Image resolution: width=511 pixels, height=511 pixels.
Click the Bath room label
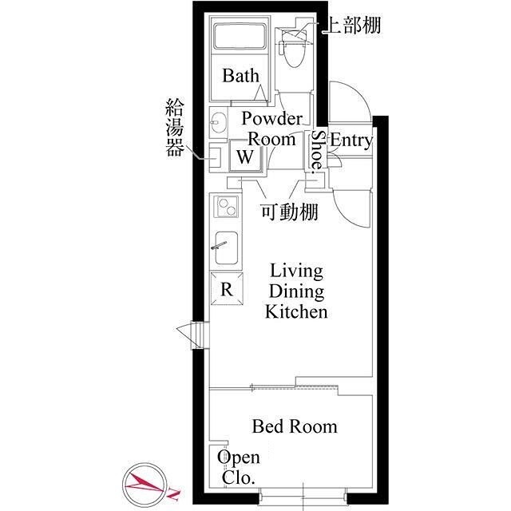pyautogui.click(x=241, y=76)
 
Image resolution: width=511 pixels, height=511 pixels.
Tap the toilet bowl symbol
pyautogui.click(x=293, y=49)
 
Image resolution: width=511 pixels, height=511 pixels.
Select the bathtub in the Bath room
pyautogui.click(x=240, y=36)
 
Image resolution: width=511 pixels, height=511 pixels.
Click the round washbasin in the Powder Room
pyautogui.click(x=217, y=122)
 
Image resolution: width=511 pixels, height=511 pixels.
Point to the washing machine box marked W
pyautogui.click(x=245, y=156)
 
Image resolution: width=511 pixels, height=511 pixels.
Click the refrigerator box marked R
pyautogui.click(x=227, y=289)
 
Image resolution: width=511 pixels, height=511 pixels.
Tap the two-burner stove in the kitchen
pyautogui.click(x=226, y=207)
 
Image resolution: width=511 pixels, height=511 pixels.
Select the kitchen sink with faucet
pyautogui.click(x=226, y=248)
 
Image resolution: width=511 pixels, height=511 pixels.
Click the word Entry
pyautogui.click(x=351, y=141)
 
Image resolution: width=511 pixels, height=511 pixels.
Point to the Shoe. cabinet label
pyautogui.click(x=317, y=151)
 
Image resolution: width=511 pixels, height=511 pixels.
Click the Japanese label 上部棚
pyautogui.click(x=353, y=25)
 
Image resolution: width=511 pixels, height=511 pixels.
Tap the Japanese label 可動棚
pyautogui.click(x=289, y=212)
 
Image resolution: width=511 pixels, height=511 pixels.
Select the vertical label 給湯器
pyautogui.click(x=174, y=127)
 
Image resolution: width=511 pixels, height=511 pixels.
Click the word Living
pyautogui.click(x=296, y=271)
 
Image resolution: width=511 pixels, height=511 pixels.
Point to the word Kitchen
pyautogui.click(x=296, y=311)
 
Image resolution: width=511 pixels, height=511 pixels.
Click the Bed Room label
pyautogui.click(x=295, y=426)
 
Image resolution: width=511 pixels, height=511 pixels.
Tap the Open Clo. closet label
pyautogui.click(x=239, y=467)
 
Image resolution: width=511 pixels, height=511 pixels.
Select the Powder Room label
pyautogui.click(x=271, y=129)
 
